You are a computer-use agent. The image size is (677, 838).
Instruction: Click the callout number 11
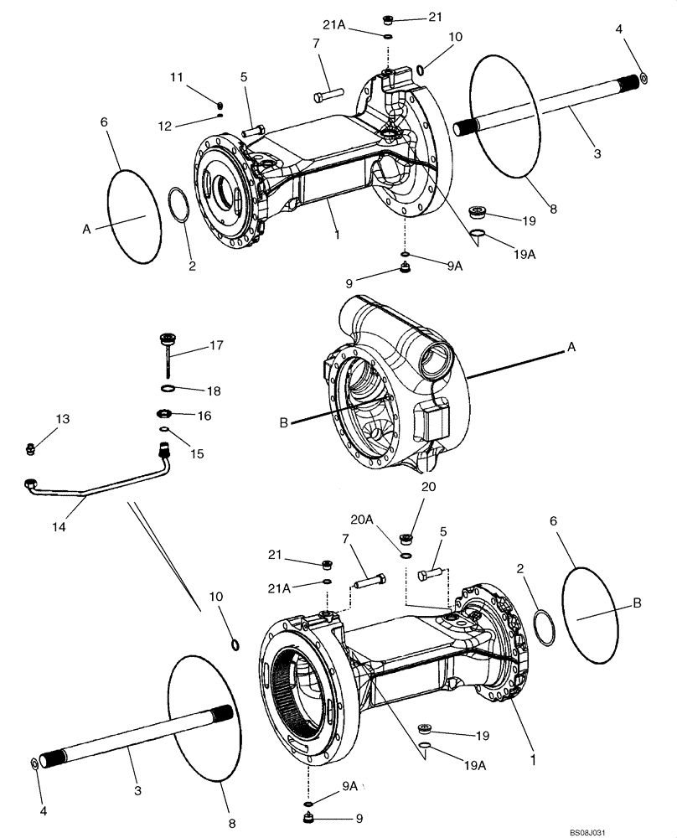(176, 77)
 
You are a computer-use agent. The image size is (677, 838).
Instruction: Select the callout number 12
(176, 126)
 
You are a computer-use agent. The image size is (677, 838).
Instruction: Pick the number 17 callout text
(216, 344)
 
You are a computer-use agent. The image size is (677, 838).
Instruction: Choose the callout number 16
(204, 416)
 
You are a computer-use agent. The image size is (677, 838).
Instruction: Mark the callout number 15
(197, 453)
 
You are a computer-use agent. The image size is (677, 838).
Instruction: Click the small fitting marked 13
(30, 448)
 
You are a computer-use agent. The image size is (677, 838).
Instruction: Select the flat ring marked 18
(168, 389)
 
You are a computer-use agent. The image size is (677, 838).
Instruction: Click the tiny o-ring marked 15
(165, 433)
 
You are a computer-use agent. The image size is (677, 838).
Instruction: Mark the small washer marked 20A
(406, 554)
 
